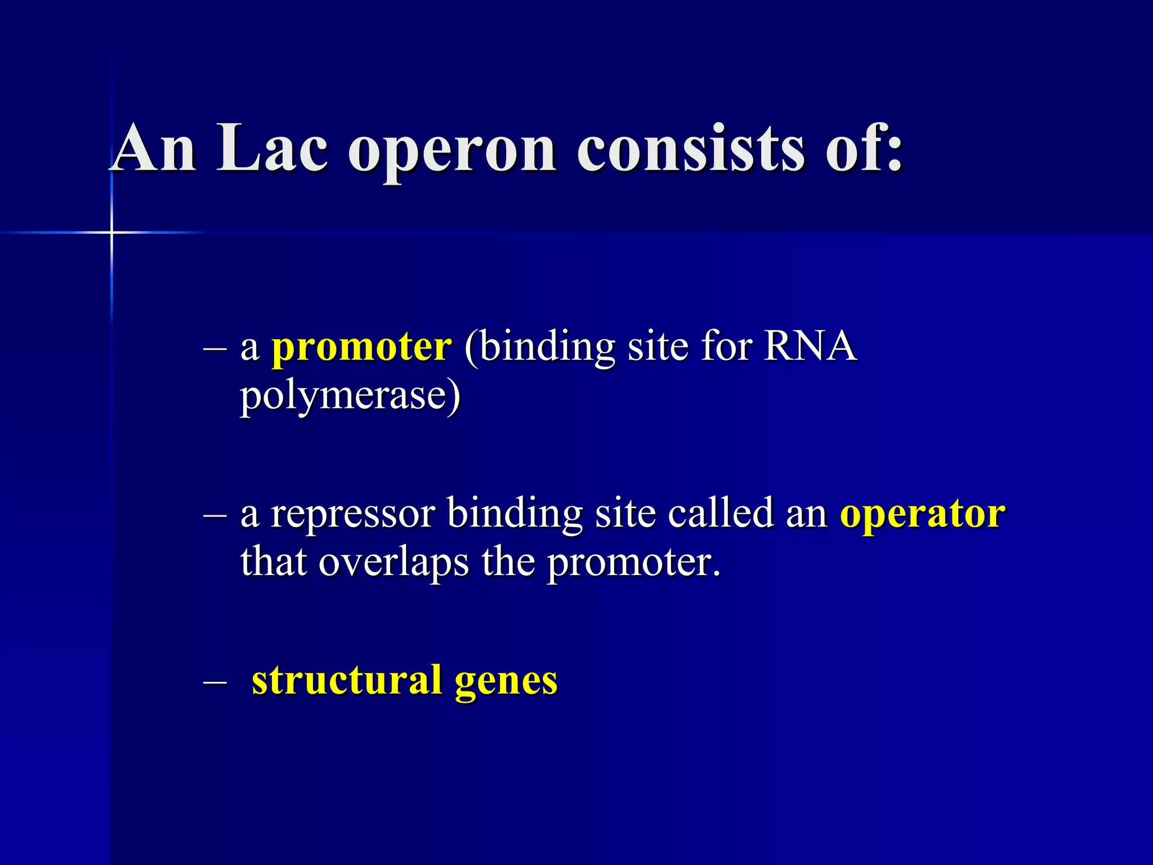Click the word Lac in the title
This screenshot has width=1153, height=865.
[272, 149]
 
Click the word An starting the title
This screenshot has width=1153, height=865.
[154, 149]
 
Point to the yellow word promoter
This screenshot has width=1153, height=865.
[361, 347]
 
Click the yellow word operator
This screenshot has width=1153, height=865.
[922, 515]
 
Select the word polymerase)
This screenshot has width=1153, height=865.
[350, 396]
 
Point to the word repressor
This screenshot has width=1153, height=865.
[352, 515]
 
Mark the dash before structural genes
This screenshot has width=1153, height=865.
[214, 682]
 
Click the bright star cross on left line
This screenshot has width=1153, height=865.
[111, 232]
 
